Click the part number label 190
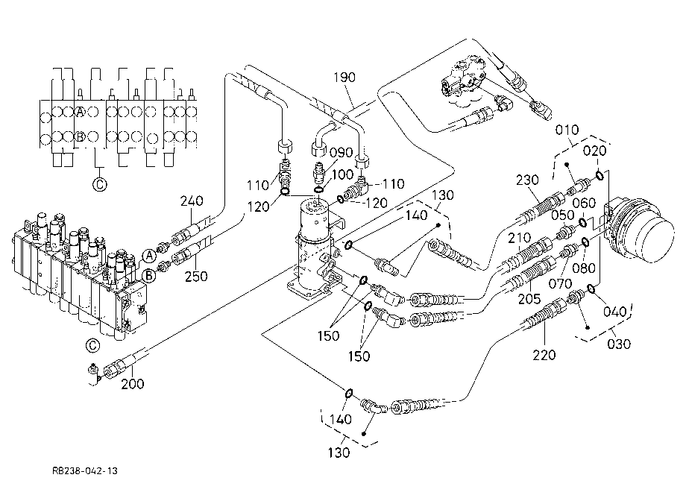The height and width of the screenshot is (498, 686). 344,78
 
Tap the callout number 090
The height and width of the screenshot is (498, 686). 342,153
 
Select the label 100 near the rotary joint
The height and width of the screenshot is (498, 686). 342,174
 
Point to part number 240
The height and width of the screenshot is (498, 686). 192,201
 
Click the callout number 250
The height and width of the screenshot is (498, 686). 196,277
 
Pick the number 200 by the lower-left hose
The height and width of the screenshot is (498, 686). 133,384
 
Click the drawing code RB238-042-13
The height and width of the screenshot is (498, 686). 85,471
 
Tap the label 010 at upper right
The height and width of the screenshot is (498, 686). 567,130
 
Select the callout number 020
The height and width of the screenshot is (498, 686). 594,151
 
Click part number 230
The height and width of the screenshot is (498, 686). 527,180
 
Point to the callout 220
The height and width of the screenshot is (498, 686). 544,355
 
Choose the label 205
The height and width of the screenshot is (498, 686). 529,299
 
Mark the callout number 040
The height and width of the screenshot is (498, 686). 614,312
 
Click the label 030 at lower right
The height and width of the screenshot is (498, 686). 619,344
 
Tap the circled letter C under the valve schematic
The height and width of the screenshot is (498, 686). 100,184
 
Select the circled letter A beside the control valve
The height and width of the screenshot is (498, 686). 150,256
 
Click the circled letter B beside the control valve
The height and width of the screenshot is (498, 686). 150,276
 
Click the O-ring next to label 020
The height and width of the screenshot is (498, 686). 600,176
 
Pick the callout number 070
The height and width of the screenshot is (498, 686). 561,284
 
